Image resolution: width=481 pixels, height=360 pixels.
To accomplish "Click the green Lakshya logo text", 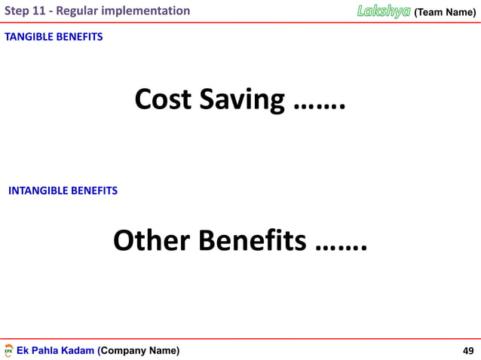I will (x=384, y=11).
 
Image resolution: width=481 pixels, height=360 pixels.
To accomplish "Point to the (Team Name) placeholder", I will (x=445, y=11).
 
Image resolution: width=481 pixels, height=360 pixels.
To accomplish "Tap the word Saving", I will (x=243, y=99).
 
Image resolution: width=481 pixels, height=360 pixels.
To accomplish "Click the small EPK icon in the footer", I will (x=9, y=350).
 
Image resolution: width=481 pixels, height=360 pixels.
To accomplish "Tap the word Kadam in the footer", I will (x=81, y=350).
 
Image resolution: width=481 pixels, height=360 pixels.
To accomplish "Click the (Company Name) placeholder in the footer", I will (x=139, y=350).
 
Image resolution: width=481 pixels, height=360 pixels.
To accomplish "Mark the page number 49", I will (x=467, y=350).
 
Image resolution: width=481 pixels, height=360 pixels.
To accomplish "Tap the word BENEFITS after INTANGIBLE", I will (x=94, y=191).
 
